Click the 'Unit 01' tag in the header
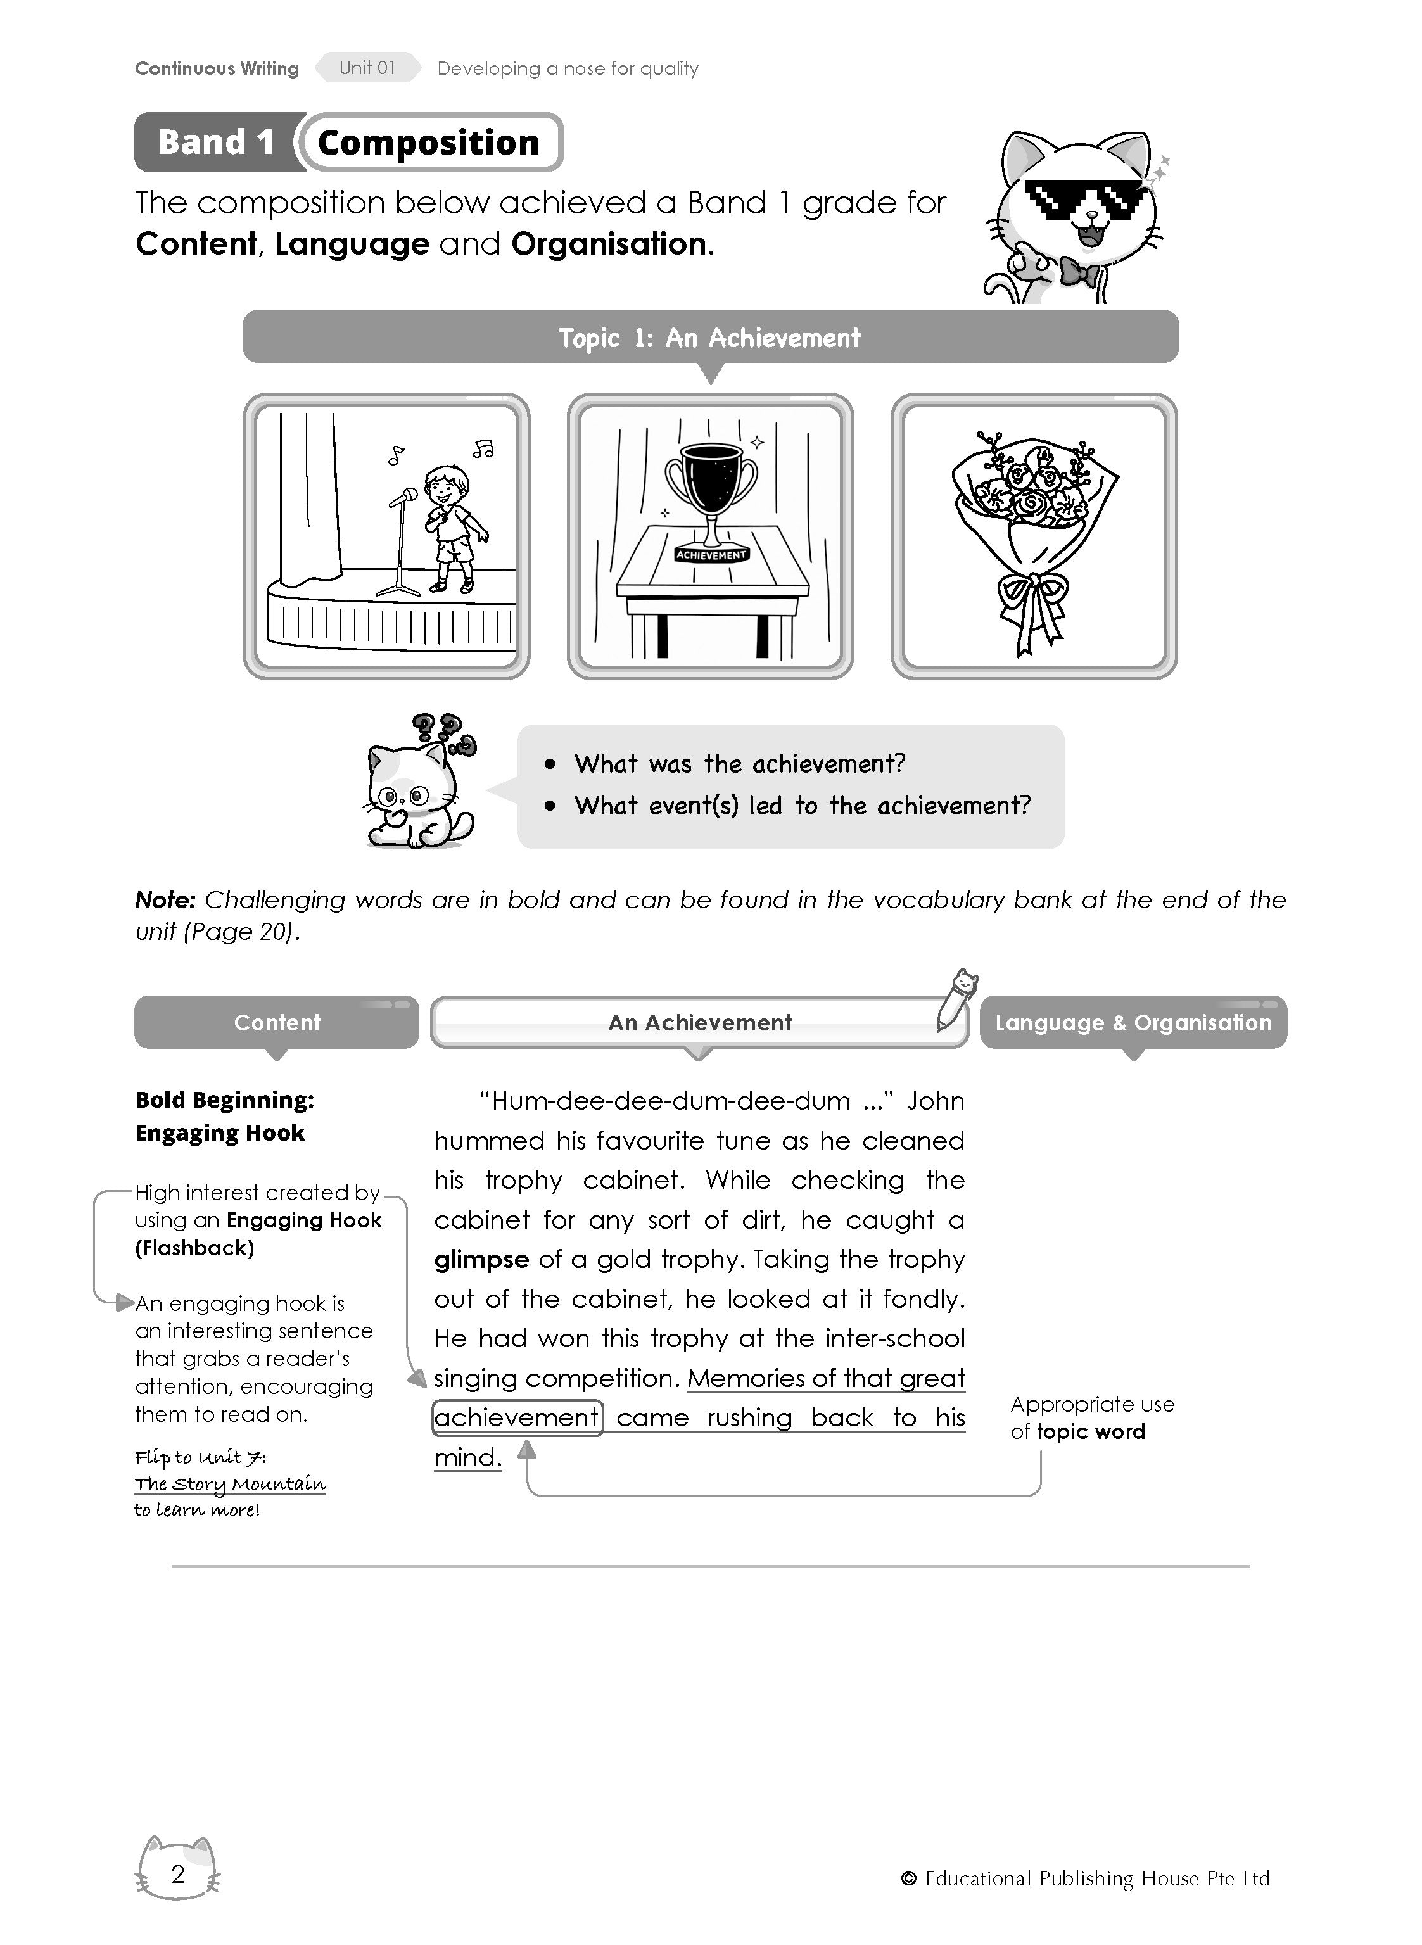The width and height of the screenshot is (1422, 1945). click(367, 68)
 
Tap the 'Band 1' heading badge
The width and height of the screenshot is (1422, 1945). click(216, 142)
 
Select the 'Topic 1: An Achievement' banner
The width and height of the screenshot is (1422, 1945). click(710, 338)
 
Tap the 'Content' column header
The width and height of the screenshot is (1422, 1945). click(276, 1022)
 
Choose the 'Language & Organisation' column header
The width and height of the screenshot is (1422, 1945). click(1133, 1022)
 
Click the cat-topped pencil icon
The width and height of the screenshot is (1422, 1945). click(956, 998)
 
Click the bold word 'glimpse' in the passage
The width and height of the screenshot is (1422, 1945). click(481, 1260)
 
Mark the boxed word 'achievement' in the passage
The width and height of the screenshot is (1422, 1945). click(516, 1417)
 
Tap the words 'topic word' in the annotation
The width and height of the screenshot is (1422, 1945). click(1091, 1432)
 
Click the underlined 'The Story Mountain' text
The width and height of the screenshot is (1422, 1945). click(230, 1484)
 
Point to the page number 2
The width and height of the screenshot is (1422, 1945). click(178, 1873)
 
